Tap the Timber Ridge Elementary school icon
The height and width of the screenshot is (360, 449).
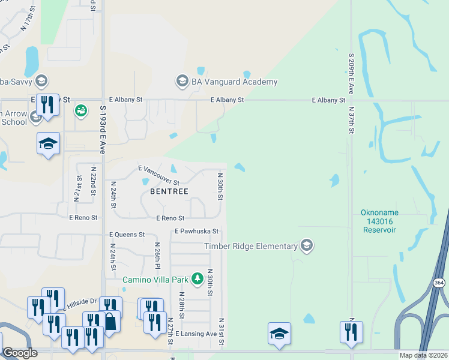click(x=307, y=246)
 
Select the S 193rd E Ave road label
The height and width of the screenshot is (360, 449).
click(x=103, y=130)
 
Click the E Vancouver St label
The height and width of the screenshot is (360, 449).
click(x=158, y=175)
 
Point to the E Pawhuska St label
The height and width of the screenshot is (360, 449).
click(x=197, y=231)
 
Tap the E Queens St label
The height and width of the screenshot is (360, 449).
click(x=127, y=235)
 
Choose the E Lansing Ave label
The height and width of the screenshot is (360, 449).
click(x=196, y=334)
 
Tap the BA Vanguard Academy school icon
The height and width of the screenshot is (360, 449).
click(x=182, y=80)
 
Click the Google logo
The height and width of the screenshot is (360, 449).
click(x=20, y=353)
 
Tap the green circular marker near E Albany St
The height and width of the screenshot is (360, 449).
click(x=80, y=110)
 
